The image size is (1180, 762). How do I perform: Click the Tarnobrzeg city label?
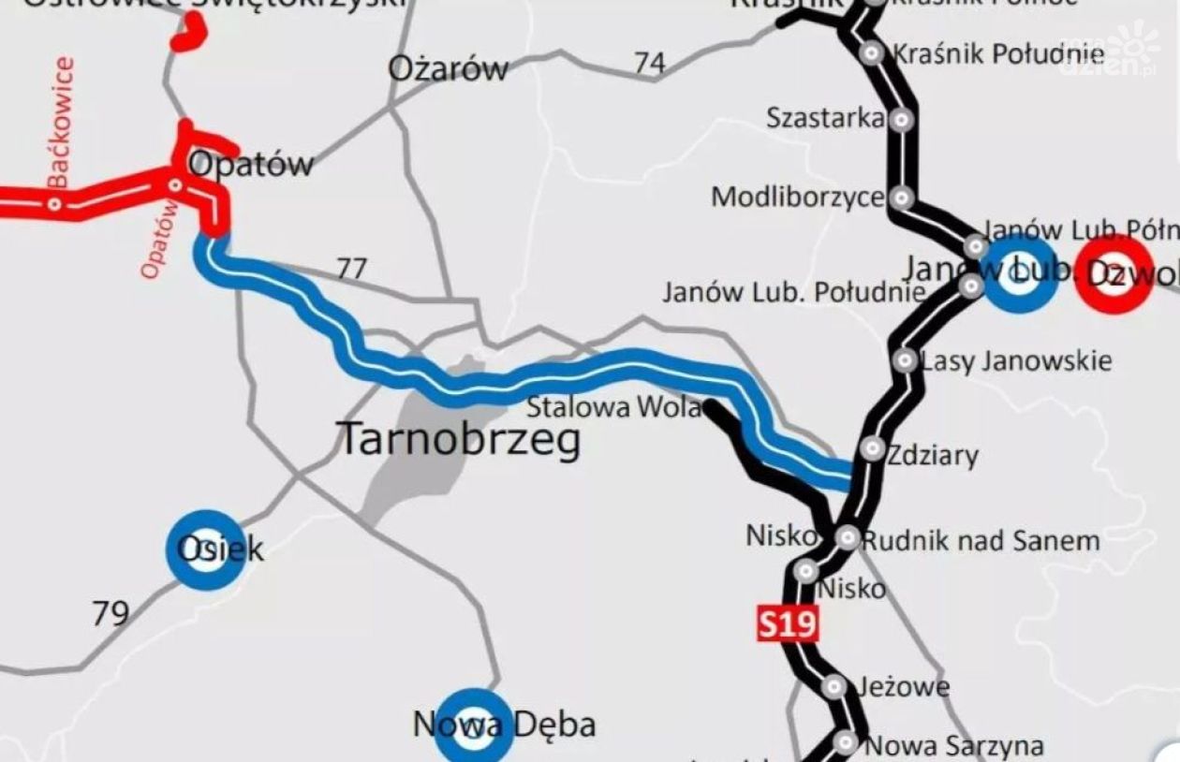[458, 439]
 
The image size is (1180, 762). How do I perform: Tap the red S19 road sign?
[788, 623]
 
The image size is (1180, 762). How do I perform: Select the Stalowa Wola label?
[612, 407]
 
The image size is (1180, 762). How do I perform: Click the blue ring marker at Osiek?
[206, 550]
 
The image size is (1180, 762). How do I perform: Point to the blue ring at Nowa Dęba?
[474, 726]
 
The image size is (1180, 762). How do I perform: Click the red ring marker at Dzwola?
[1114, 274]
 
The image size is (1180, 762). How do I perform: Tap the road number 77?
[351, 270]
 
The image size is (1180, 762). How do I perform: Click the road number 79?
[111, 613]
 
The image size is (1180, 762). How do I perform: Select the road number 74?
[649, 63]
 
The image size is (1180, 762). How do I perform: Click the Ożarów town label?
[449, 67]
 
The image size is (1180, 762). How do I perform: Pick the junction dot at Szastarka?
[901, 119]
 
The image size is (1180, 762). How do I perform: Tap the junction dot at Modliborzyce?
[901, 198]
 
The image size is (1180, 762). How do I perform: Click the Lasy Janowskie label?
[1017, 360]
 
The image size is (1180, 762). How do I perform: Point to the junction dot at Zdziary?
[872, 448]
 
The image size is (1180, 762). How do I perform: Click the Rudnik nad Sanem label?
[980, 540]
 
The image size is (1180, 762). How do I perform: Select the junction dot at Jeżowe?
[833, 687]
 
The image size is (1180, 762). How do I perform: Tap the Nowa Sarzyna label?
[953, 746]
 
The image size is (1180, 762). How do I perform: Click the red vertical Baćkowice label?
[61, 122]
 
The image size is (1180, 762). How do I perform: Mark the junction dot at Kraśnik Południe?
[872, 53]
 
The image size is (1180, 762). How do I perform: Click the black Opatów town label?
[251, 164]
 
